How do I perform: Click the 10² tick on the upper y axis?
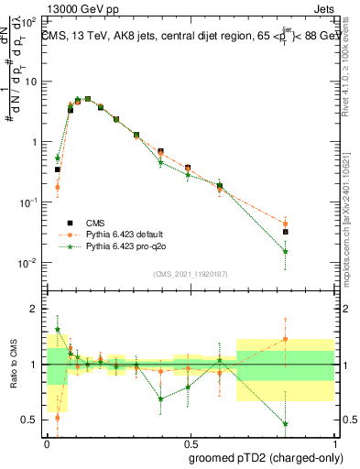pyautogui.click(x=31, y=20)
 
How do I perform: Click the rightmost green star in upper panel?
pyautogui.click(x=286, y=251)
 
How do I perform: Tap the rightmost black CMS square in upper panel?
pyautogui.click(x=286, y=232)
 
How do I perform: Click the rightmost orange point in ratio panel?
pyautogui.click(x=286, y=339)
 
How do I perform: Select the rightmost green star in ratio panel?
pyautogui.click(x=286, y=424)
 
